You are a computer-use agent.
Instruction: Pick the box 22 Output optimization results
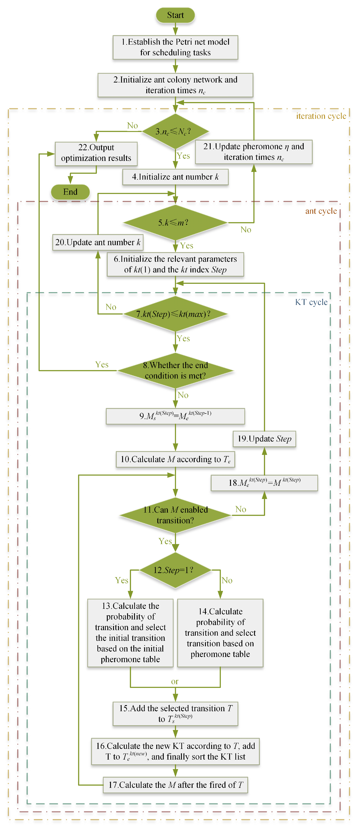point(96,153)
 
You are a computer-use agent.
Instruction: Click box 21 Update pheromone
point(254,152)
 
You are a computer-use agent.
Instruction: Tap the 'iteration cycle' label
point(321,116)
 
